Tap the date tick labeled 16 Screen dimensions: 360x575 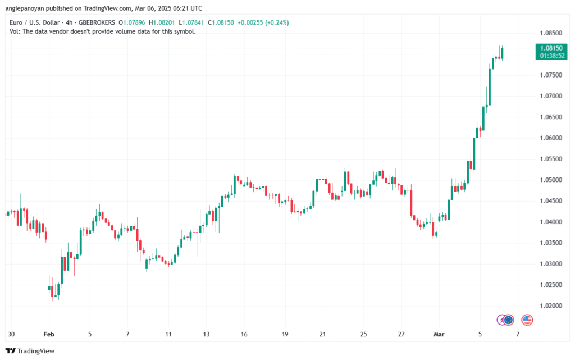pyautogui.click(x=244, y=334)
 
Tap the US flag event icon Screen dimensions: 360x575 pyautogui.click(x=527, y=320)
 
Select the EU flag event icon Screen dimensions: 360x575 pyautogui.click(x=508, y=320)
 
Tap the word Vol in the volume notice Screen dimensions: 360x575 pyautogui.click(x=15, y=31)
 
